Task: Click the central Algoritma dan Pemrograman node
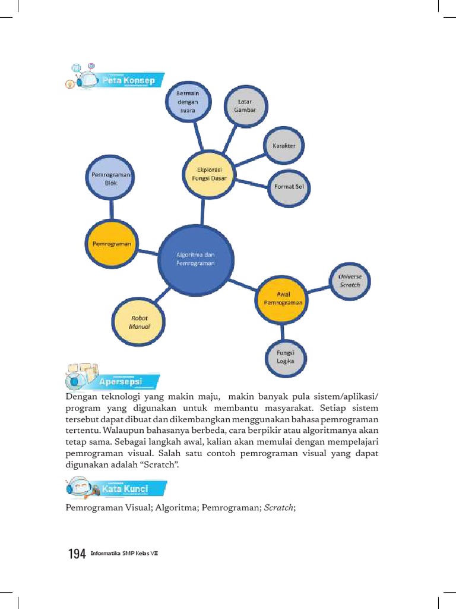point(195,259)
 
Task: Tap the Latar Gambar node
point(245,106)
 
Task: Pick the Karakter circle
point(284,146)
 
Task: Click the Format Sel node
point(289,187)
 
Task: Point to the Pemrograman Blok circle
point(111,179)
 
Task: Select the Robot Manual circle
point(139,322)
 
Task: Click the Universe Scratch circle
point(349,281)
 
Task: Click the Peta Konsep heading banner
point(128,80)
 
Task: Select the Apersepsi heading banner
point(121,381)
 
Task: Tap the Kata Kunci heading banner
point(125,489)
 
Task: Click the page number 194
point(77,554)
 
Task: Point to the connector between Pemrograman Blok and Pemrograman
point(111,211)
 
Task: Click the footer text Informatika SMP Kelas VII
point(124,554)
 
